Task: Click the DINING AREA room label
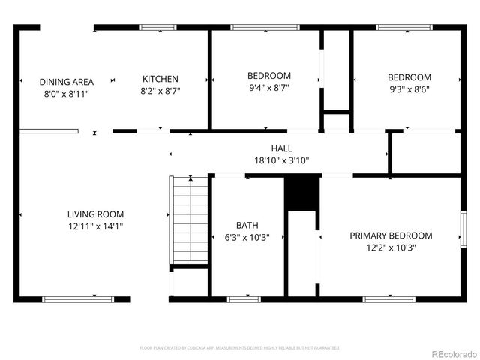66,82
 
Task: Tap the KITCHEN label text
160,79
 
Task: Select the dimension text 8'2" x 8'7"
160,90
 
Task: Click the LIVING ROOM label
95,214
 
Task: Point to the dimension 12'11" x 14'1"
95,226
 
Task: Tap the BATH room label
247,225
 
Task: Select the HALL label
281,148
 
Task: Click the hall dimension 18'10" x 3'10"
281,160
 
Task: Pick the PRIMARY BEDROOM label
391,235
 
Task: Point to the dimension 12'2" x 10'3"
391,247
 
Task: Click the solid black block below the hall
302,193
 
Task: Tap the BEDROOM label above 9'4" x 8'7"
268,76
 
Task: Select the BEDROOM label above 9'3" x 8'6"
409,77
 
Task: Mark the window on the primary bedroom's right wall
464,229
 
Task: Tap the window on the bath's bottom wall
238,299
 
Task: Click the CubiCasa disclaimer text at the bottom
240,348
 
